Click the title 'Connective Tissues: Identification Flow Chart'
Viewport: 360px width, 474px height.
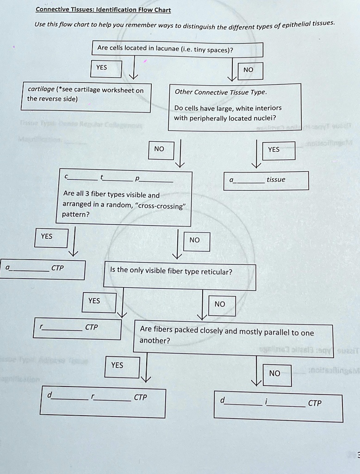pos(103,10)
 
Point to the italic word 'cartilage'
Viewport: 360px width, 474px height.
pos(40,90)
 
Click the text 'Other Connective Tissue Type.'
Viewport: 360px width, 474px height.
pos(220,92)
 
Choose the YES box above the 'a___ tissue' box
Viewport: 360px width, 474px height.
pos(274,150)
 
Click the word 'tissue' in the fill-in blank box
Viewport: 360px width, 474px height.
pos(276,180)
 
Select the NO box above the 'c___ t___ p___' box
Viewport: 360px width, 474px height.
pos(160,149)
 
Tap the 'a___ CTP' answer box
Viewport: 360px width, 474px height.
pos(43,269)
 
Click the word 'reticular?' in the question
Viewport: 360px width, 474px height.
pos(216,272)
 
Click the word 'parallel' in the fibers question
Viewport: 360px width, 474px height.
pos(277,332)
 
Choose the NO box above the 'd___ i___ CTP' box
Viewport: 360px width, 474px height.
pos(274,374)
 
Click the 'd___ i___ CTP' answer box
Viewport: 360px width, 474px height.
pos(279,407)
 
